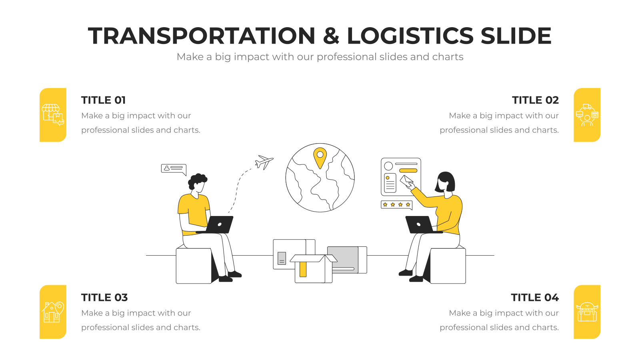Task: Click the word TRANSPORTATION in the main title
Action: (x=202, y=36)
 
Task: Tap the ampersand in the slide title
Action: (x=331, y=36)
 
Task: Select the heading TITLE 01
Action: (x=104, y=100)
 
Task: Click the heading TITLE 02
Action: (x=535, y=100)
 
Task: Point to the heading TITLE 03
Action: (x=104, y=298)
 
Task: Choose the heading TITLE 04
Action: (x=534, y=298)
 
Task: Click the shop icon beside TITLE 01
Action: (x=53, y=115)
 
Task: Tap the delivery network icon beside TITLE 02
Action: (x=587, y=115)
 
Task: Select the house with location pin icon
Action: (x=53, y=312)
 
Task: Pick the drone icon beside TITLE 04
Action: (x=587, y=312)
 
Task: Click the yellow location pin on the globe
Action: (x=320, y=158)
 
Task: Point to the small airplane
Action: (x=264, y=162)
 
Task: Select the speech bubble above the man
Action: (x=174, y=169)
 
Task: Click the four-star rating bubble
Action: (x=396, y=205)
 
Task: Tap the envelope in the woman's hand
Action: (x=406, y=181)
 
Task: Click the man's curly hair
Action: (x=197, y=181)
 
